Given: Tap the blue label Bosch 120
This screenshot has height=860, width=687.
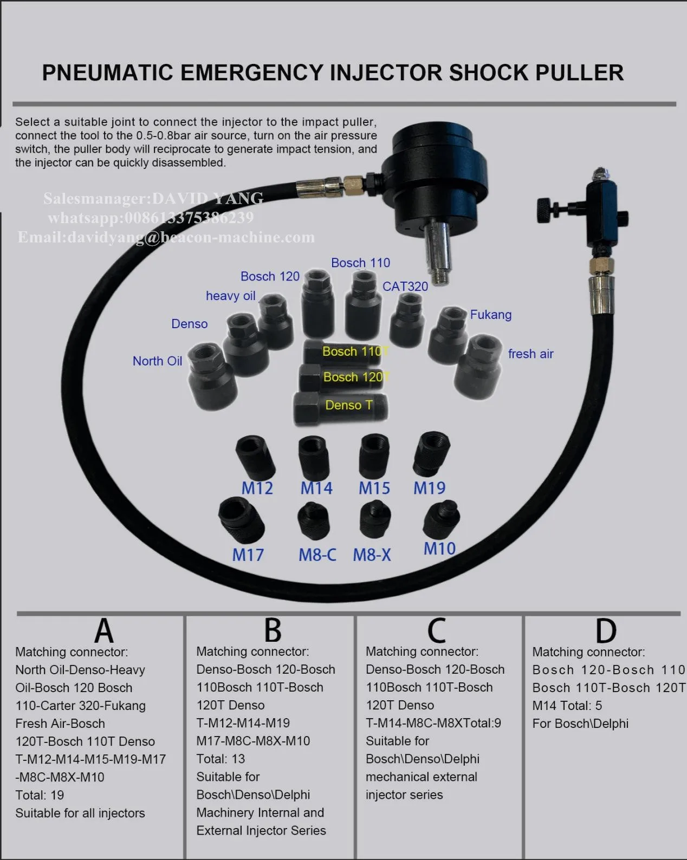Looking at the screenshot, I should (x=270, y=276).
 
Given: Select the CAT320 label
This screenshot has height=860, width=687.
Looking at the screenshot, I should (x=405, y=286).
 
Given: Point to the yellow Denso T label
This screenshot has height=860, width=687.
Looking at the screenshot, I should (x=348, y=405).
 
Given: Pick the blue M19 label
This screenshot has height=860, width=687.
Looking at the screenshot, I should (x=429, y=488).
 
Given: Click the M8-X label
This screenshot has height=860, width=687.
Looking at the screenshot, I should (x=372, y=555).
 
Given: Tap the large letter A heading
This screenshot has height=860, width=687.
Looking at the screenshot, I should (x=104, y=630).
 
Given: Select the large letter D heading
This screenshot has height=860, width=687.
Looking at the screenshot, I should (x=605, y=631).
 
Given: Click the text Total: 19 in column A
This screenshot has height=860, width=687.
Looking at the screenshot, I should (x=40, y=795).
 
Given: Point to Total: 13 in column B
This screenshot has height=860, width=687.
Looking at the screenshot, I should (x=221, y=759).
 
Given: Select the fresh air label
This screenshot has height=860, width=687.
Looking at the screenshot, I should (x=530, y=354).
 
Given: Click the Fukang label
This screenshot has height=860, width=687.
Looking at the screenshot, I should (x=490, y=315).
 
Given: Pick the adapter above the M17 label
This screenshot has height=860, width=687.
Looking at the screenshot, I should (x=241, y=518).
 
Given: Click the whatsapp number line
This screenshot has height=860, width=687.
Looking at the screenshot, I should (x=151, y=218).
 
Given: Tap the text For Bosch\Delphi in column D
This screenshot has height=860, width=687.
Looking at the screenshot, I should (x=580, y=724).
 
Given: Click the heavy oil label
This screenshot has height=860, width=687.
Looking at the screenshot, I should (x=230, y=296).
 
